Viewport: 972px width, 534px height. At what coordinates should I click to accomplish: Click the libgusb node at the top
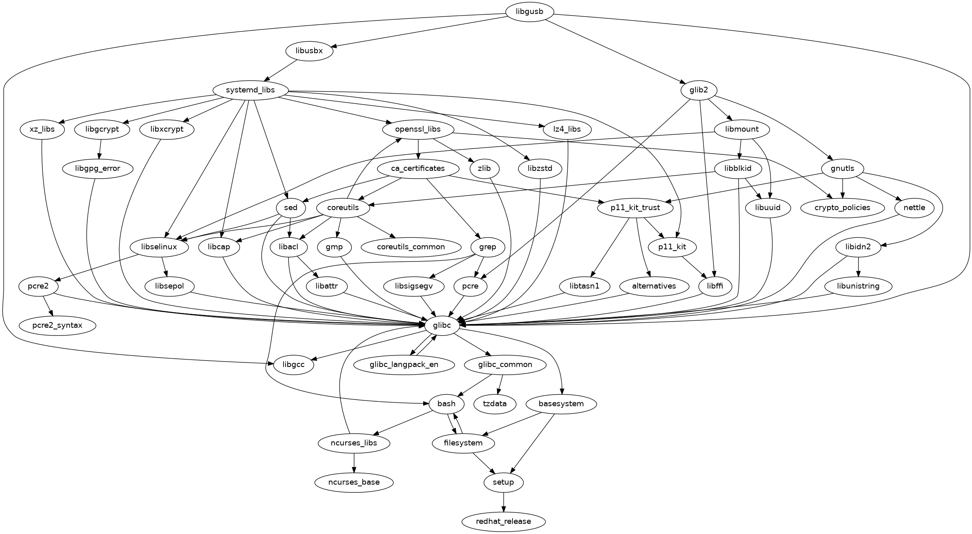click(529, 12)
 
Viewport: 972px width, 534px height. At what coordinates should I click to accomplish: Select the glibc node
click(443, 326)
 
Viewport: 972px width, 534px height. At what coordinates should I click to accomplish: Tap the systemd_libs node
click(250, 90)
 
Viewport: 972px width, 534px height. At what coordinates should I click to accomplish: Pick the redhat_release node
click(503, 522)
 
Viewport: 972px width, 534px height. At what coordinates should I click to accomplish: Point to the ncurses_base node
click(354, 483)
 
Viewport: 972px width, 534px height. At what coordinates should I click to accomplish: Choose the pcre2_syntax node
click(57, 326)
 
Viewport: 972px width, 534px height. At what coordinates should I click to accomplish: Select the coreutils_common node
click(411, 247)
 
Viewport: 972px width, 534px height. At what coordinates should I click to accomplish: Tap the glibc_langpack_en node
click(404, 364)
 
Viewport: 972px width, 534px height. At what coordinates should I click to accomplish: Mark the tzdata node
click(495, 404)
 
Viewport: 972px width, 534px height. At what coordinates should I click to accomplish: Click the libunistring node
click(858, 286)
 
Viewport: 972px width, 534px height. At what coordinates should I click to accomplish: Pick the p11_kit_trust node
click(635, 208)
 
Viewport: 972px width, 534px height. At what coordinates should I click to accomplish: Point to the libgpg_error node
click(98, 169)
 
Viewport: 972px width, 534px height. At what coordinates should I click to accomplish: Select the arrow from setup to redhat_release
click(504, 502)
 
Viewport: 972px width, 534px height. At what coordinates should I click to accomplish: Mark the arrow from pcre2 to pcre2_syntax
click(47, 306)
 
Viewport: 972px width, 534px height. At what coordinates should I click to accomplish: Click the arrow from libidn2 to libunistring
click(859, 267)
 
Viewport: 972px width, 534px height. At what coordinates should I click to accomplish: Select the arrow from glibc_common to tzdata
click(500, 384)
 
